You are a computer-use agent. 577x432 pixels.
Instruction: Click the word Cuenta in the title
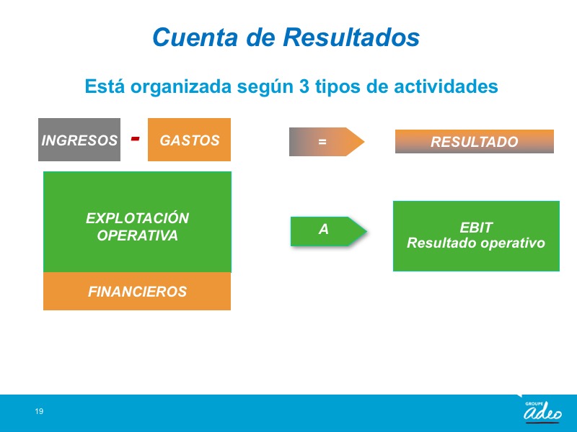195,37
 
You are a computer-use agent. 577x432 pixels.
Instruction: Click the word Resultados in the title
351,37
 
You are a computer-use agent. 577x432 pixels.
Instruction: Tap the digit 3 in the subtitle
304,86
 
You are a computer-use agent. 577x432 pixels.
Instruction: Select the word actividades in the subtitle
446,86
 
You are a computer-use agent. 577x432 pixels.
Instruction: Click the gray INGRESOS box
79,140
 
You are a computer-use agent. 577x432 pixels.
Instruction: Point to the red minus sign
135,138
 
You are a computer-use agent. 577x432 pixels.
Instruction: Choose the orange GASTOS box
189,140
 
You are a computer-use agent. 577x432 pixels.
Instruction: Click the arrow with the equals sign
327,141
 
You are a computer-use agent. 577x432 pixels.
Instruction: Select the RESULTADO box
475,141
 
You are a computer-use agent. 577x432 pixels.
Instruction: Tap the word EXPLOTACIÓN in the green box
137,218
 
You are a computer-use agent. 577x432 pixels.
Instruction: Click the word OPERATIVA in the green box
137,235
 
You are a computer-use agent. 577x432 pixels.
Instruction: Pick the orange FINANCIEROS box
137,292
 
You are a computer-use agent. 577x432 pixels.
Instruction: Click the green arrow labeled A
328,231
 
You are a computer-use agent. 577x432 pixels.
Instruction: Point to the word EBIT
476,228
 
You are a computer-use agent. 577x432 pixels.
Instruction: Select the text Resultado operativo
476,243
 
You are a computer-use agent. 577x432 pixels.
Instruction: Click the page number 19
39,411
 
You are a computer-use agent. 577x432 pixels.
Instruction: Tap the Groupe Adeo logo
542,411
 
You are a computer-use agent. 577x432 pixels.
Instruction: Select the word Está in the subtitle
105,86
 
